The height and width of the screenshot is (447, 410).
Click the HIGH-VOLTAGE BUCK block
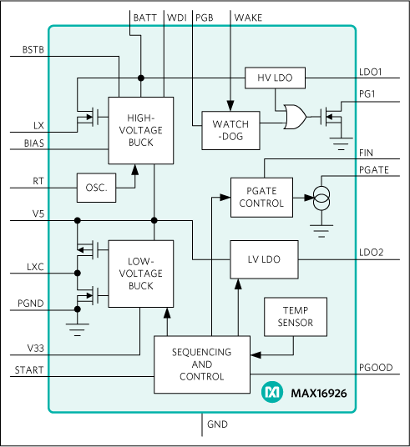[x=141, y=129]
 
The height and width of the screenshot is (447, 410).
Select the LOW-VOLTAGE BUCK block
[x=141, y=274]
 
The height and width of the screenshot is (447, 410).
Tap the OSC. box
[x=96, y=188]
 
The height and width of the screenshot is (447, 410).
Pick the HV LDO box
[x=275, y=78]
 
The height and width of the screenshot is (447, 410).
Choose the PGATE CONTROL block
[x=262, y=197]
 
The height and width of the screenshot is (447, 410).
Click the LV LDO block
[x=264, y=259]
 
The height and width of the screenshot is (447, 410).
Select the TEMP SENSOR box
[x=295, y=315]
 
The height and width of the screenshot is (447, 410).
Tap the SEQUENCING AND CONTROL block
[x=202, y=364]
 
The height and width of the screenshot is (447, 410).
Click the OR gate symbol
[x=294, y=118]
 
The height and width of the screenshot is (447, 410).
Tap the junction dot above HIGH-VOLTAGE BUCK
[x=141, y=78]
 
